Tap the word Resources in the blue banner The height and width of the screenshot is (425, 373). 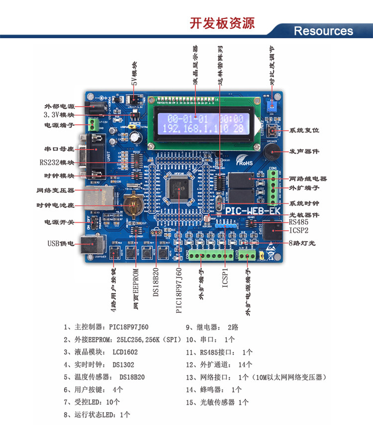(323, 31)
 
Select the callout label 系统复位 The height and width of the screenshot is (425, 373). (304, 130)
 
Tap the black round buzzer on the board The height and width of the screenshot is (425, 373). (272, 150)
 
